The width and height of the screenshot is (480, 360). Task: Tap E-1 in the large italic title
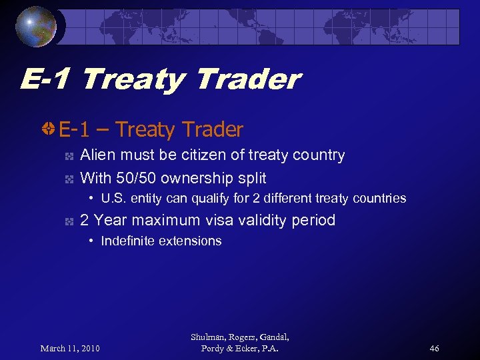click(x=46, y=80)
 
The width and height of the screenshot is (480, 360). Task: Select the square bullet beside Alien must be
click(x=69, y=157)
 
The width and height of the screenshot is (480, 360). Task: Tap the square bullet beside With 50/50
click(x=69, y=179)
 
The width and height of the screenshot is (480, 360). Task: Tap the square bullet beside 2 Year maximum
click(x=69, y=221)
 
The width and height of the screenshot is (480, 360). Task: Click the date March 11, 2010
click(x=70, y=348)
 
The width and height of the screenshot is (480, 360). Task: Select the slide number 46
click(x=434, y=348)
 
